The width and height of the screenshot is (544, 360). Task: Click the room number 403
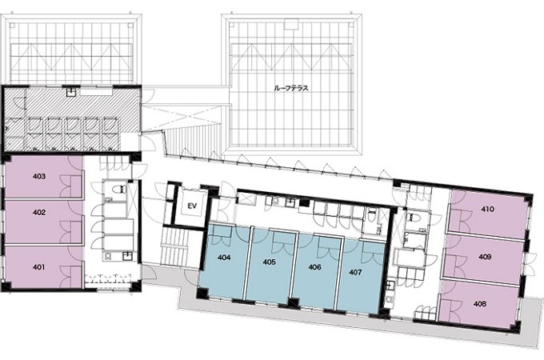point(39,176)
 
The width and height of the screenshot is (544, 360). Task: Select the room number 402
point(39,212)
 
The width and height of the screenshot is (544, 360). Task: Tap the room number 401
point(39,267)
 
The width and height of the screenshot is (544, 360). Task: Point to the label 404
point(224,258)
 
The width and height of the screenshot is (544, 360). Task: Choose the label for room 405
point(270,262)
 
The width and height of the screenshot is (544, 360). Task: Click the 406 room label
point(314,267)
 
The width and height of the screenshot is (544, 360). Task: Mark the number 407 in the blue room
point(355,272)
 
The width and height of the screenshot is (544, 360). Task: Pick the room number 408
point(480,304)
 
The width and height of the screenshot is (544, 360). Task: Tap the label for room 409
point(485,257)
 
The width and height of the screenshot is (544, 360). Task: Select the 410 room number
point(488,209)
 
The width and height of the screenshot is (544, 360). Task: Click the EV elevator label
point(192,206)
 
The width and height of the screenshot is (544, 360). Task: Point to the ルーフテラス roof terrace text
point(291,89)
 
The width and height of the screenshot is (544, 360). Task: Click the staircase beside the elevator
point(175,247)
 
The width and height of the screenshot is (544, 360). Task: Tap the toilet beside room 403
point(120,189)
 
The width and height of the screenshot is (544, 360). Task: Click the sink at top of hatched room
point(72,92)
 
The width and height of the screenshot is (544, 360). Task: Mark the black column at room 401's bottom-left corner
point(6,286)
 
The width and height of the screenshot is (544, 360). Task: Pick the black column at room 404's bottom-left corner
point(202,294)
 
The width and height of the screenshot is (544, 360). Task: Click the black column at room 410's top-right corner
point(528,198)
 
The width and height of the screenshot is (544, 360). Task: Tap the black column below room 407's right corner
point(383,314)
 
